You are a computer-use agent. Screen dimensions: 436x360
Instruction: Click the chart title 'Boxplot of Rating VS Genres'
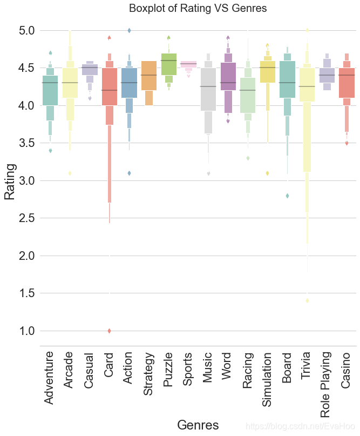tap(198, 9)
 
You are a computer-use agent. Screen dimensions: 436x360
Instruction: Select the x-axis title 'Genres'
tap(198, 425)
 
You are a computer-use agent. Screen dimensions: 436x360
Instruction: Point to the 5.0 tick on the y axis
tap(25, 31)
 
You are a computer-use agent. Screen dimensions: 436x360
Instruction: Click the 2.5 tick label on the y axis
tap(25, 218)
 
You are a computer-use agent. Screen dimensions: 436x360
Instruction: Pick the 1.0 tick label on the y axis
tap(25, 331)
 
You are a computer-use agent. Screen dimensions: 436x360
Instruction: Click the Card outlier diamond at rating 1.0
tap(109, 331)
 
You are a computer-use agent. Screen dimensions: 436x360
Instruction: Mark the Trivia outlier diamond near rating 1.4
tap(307, 300)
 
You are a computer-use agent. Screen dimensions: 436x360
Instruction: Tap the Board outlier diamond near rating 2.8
tap(287, 196)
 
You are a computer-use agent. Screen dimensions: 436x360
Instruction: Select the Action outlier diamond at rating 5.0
tap(129, 31)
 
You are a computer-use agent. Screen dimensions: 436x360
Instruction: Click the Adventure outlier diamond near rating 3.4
tap(50, 151)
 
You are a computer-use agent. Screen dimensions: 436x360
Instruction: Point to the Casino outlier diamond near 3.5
tap(347, 143)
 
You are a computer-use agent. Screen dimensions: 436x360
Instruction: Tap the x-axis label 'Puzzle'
tap(168, 370)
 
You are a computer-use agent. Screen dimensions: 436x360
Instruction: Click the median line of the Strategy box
tap(148, 75)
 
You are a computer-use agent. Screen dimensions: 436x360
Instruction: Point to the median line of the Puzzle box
tap(168, 61)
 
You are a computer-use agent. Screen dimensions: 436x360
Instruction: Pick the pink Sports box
tap(188, 64)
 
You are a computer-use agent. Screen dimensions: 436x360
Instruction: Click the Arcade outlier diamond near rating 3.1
tap(70, 173)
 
